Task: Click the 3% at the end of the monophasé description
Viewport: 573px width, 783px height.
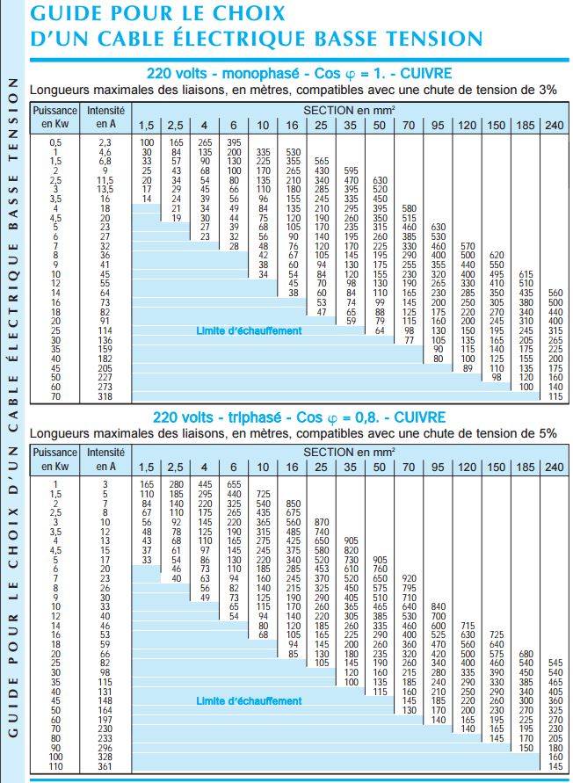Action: [547, 91]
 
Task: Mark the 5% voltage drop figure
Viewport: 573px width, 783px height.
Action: [547, 433]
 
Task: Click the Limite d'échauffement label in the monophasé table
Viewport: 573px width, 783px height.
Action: [249, 330]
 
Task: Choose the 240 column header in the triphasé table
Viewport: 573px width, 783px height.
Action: [554, 468]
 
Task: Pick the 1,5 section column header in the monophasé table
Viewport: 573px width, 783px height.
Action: [147, 125]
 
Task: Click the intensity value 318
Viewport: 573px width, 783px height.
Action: [105, 396]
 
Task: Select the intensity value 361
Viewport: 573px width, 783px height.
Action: [105, 766]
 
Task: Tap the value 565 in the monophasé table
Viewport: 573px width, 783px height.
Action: [322, 162]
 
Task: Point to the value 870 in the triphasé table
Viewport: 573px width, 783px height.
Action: [322, 522]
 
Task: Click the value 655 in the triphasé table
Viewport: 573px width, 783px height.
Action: [234, 484]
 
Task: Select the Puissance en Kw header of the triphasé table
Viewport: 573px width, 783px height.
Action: [55, 460]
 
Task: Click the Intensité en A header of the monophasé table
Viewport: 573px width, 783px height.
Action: [105, 118]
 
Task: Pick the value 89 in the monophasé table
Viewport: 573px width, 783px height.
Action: [468, 368]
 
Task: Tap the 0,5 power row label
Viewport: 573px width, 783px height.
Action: [55, 142]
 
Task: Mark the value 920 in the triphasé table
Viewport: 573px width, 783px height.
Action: [409, 577]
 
